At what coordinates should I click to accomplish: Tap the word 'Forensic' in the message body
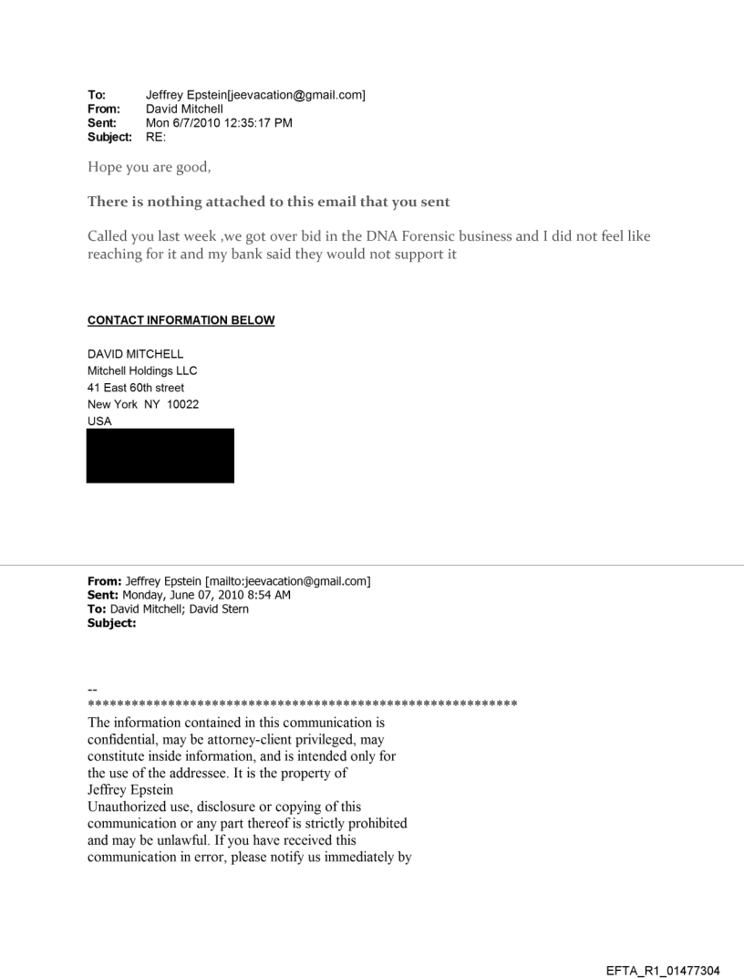coord(467,236)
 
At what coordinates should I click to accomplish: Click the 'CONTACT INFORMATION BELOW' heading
coord(181,320)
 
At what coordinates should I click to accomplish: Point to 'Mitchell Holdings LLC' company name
coord(141,370)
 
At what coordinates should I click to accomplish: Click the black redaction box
coord(160,455)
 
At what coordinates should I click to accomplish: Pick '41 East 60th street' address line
coord(136,388)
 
